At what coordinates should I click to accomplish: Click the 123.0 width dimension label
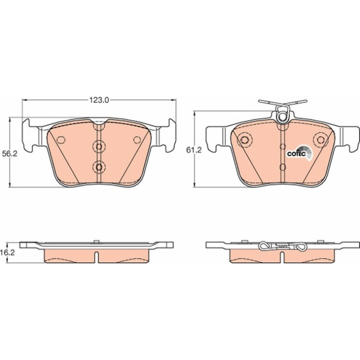[x=99, y=100]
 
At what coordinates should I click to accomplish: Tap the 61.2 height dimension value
[x=194, y=150]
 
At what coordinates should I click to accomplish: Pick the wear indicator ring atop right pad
[x=282, y=117]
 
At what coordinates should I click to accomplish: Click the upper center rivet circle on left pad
[x=99, y=146]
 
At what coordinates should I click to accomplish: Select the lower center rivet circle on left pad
[x=99, y=167]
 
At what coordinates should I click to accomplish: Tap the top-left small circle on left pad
[x=61, y=140]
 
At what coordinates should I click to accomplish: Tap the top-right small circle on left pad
[x=137, y=140]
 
